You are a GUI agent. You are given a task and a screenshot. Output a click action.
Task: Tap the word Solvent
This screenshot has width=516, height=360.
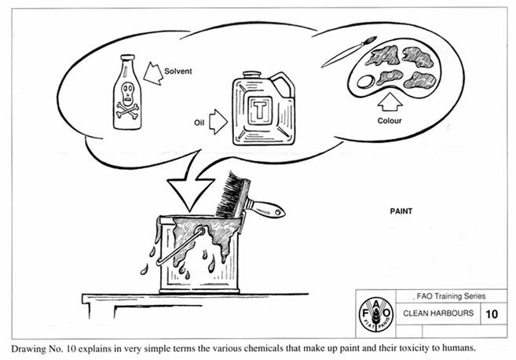click(179, 71)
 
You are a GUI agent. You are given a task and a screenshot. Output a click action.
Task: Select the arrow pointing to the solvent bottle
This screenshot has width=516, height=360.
click(154, 74)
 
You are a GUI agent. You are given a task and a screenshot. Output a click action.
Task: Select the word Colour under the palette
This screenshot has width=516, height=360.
click(390, 121)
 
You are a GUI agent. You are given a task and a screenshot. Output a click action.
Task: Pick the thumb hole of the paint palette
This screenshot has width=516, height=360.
click(365, 80)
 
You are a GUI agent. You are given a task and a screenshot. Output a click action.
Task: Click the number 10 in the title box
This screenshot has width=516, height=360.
click(492, 313)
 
